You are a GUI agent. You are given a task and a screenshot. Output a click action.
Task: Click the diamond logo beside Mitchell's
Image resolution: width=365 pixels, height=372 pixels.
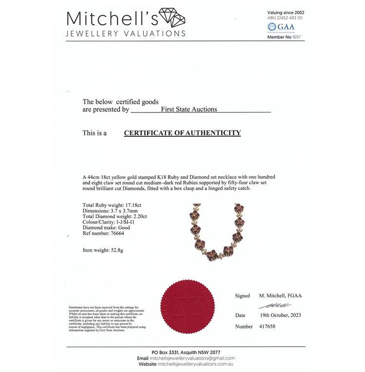click(173, 19)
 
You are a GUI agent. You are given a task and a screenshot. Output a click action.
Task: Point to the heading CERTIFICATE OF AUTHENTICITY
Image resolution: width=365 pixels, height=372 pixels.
click(182, 132)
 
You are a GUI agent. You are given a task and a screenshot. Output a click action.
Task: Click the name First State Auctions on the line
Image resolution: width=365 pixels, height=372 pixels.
click(189, 109)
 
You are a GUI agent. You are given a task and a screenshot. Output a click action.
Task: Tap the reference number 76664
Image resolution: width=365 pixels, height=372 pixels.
click(117, 233)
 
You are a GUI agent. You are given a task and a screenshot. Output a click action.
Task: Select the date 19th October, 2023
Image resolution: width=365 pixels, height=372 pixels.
click(280, 315)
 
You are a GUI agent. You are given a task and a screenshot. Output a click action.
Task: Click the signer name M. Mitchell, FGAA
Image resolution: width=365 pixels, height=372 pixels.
click(279, 296)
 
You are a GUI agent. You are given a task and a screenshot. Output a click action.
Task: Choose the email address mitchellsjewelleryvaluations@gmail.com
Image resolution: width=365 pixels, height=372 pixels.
click(192, 358)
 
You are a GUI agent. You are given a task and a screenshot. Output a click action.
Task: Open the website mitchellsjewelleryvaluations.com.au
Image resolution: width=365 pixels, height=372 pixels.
click(196, 364)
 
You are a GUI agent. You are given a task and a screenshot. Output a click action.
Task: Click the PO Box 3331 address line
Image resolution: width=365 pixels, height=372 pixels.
click(186, 352)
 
